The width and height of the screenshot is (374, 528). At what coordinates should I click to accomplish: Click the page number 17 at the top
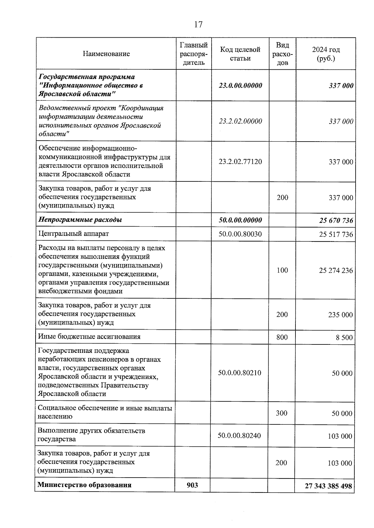click(x=198, y=25)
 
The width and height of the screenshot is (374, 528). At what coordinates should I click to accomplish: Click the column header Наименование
click(x=106, y=54)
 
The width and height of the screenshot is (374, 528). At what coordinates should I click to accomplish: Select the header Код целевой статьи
click(x=240, y=54)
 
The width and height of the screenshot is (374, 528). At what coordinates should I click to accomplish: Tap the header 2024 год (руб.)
click(x=326, y=54)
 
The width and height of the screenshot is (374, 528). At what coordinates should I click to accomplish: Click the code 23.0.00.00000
click(x=240, y=85)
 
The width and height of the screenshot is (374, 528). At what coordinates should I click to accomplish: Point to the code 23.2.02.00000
click(x=240, y=121)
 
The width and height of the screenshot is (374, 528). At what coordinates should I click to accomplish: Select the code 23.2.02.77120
click(x=240, y=162)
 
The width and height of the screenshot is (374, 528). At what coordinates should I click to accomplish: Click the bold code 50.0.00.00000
click(x=240, y=220)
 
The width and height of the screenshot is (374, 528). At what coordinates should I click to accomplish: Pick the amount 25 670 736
click(x=336, y=221)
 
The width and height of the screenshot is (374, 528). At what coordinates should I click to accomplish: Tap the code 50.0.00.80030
click(x=240, y=234)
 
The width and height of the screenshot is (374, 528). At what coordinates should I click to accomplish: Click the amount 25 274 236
click(x=336, y=270)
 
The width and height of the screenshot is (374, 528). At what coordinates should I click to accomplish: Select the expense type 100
click(x=282, y=270)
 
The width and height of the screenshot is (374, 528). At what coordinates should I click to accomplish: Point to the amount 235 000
click(x=340, y=315)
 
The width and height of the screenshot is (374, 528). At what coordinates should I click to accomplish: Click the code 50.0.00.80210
click(x=239, y=373)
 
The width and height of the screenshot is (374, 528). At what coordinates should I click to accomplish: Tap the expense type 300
click(x=281, y=413)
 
